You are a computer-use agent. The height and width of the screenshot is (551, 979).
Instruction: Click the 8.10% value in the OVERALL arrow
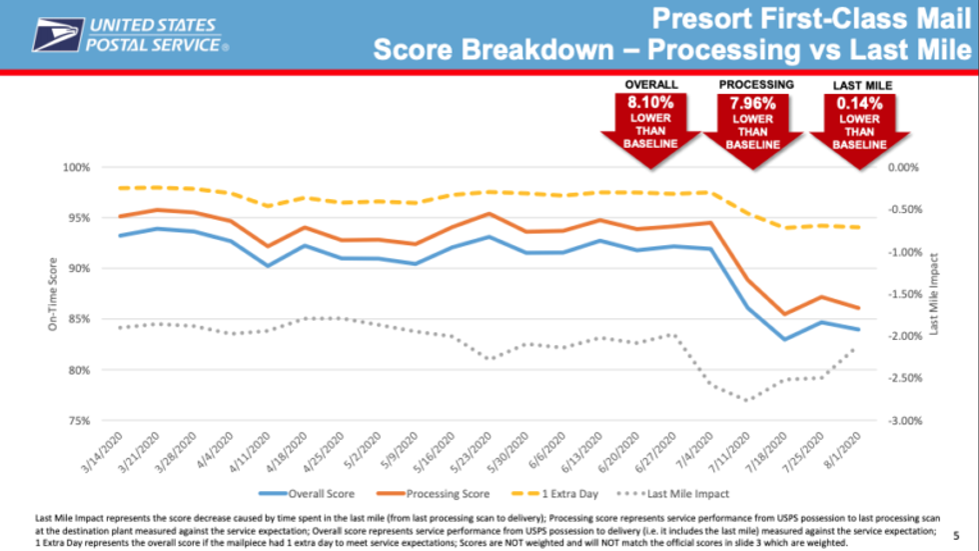click(650, 102)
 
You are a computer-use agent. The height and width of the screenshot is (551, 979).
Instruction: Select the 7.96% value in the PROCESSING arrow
click(753, 102)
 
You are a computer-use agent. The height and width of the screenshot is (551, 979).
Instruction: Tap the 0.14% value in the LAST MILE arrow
click(859, 102)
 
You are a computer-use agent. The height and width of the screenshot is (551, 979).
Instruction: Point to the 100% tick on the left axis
click(76, 167)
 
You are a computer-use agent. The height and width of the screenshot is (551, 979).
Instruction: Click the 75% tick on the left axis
click(78, 421)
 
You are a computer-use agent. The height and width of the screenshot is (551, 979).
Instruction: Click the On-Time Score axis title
click(50, 294)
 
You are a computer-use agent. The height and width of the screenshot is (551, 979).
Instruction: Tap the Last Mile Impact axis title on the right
click(934, 294)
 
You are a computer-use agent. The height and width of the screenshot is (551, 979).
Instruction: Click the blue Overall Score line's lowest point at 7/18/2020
click(785, 339)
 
